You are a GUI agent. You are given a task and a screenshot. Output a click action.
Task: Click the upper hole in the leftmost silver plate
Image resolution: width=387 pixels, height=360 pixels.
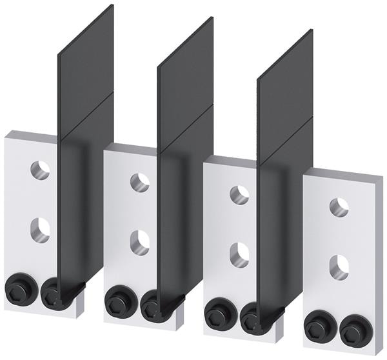point(40,170)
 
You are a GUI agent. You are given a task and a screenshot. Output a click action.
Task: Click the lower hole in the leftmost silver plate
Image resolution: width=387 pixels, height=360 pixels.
point(40,230)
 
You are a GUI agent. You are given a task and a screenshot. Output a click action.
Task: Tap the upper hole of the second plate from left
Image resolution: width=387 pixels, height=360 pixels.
point(139,183)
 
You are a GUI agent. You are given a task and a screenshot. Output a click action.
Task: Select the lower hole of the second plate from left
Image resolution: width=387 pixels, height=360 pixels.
point(139,241)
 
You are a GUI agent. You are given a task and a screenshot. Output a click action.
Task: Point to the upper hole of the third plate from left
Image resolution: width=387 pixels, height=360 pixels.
point(239,195)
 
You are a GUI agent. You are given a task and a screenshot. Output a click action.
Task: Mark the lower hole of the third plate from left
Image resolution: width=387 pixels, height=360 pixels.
point(239,254)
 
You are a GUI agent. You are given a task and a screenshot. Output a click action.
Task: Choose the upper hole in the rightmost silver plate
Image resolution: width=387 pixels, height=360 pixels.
point(339,207)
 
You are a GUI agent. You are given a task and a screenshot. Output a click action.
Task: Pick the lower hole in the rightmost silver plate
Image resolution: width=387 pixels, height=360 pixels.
point(339,266)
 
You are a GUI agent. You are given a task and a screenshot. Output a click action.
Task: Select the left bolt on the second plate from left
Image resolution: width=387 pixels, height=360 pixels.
point(117,303)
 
